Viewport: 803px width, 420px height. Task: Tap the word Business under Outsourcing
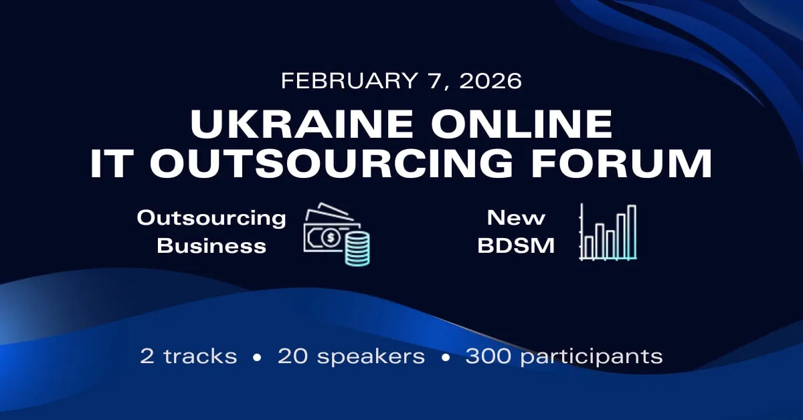click(x=211, y=245)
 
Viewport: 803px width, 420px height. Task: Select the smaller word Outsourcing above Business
click(x=211, y=217)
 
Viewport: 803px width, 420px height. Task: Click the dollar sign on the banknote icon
click(x=329, y=237)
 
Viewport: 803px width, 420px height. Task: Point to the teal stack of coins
click(x=358, y=249)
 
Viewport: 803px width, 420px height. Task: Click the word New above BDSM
click(x=516, y=217)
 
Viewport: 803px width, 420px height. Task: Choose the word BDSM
click(x=516, y=245)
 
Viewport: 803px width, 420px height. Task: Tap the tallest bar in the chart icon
click(x=631, y=231)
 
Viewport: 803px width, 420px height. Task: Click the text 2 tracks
click(x=189, y=356)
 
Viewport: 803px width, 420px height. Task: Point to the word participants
click(x=592, y=356)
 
